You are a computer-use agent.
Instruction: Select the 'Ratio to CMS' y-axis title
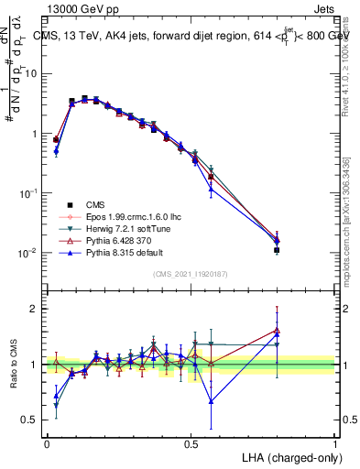(x=13, y=365)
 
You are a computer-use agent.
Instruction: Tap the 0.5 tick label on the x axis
(x=191, y=442)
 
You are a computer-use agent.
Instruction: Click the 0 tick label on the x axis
(x=47, y=442)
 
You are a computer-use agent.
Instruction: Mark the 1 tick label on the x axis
(x=335, y=442)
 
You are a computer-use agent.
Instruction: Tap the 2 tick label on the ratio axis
(x=36, y=309)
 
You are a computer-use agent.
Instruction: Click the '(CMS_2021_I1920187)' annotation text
(x=191, y=274)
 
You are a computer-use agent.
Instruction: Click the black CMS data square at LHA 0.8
(x=277, y=249)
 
